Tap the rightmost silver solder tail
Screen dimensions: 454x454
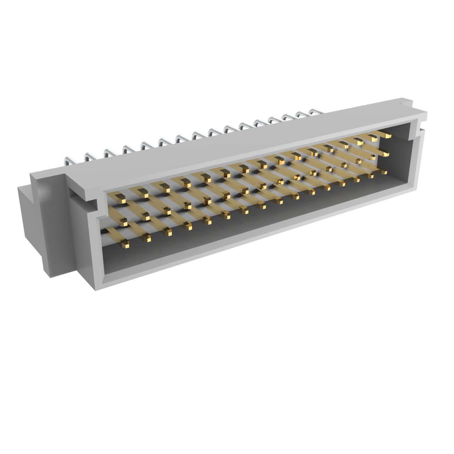314,112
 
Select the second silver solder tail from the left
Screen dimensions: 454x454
88,156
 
